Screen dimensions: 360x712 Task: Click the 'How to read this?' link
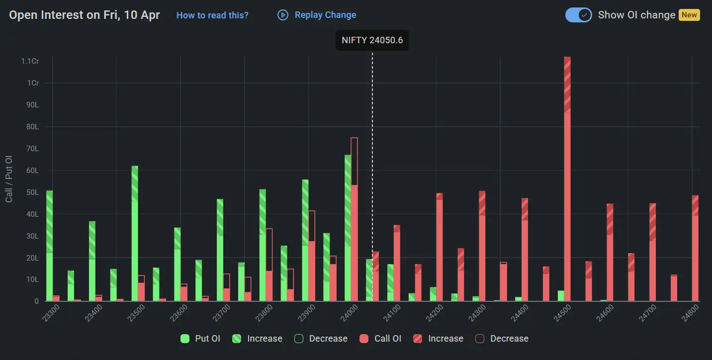[212, 15]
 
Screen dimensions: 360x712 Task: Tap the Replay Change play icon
[283, 15]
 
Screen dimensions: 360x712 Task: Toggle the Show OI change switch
[578, 15]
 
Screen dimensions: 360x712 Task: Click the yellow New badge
[689, 15]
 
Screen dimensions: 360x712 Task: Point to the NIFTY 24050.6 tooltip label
[372, 40]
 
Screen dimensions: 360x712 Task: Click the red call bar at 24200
[440, 249]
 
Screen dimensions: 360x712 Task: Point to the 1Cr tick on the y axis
[33, 83]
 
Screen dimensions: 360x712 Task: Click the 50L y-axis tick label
[33, 192]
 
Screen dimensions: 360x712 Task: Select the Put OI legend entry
[200, 339]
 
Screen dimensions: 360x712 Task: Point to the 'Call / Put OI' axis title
[9, 179]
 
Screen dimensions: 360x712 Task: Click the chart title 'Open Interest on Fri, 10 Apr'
[85, 15]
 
